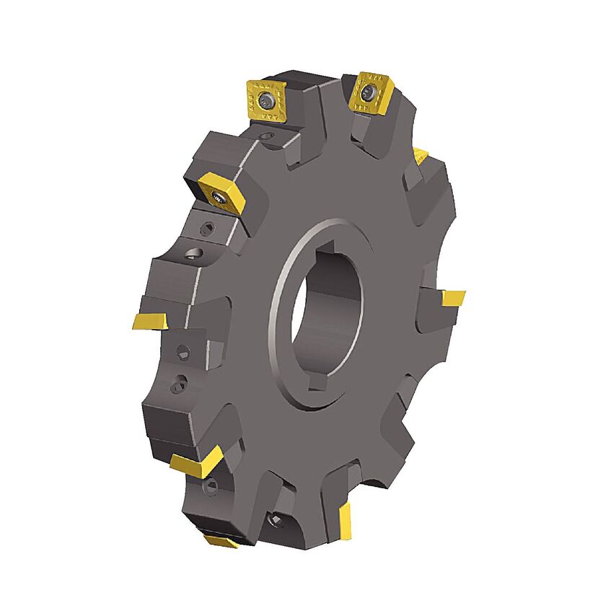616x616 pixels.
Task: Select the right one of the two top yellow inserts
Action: (x=370, y=92)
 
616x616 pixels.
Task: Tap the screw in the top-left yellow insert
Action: (x=268, y=100)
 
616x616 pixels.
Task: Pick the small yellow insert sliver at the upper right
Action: (x=421, y=153)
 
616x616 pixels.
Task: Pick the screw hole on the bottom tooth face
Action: (x=277, y=521)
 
